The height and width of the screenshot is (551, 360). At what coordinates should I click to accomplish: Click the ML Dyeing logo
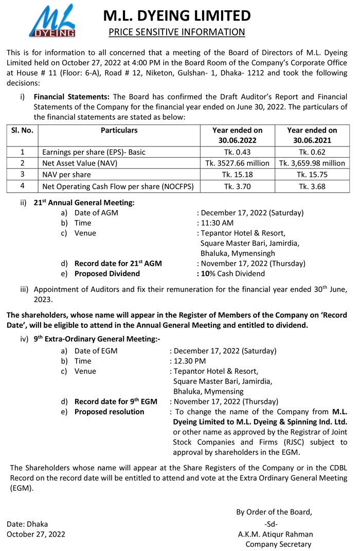[51, 22]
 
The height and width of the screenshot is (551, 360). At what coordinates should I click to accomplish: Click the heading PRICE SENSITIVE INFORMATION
[177, 32]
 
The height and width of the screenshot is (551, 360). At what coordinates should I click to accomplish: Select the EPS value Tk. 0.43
[237, 152]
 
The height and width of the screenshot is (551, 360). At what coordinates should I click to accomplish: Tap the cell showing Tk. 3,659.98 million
[312, 163]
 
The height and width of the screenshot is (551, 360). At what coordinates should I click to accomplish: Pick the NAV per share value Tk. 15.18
[237, 175]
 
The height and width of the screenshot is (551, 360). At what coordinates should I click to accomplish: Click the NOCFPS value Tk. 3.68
[312, 187]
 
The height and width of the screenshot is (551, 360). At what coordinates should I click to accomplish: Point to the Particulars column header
[119, 131]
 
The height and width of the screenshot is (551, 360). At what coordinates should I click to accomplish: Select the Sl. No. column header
[22, 131]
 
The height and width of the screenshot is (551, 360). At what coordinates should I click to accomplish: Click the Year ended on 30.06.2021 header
[312, 135]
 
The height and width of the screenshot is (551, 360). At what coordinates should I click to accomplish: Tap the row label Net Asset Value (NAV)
[80, 163]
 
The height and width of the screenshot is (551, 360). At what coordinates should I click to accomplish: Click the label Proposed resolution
[109, 412]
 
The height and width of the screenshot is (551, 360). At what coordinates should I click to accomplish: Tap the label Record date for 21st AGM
[118, 263]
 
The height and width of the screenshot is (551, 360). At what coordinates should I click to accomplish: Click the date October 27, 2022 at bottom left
[35, 534]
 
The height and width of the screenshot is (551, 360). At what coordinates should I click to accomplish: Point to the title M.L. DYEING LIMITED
[177, 15]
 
